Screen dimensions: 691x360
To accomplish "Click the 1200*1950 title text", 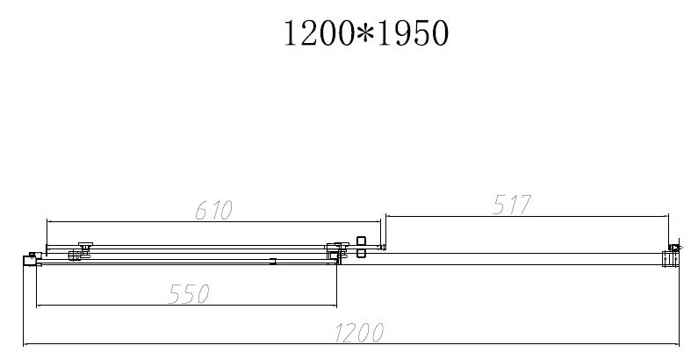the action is [366, 33].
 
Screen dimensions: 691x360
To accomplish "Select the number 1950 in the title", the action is [413, 33].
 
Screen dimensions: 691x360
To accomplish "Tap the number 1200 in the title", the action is [319, 33].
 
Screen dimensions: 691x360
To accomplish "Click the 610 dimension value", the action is [213, 210].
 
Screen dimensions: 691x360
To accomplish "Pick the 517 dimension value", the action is [512, 205].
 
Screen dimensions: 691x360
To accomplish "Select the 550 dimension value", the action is [189, 294].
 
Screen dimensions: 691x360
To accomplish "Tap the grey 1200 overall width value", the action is [359, 333].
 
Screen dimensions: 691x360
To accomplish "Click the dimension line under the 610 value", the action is [213, 221].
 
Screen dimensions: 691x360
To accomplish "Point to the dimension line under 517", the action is [527, 216].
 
